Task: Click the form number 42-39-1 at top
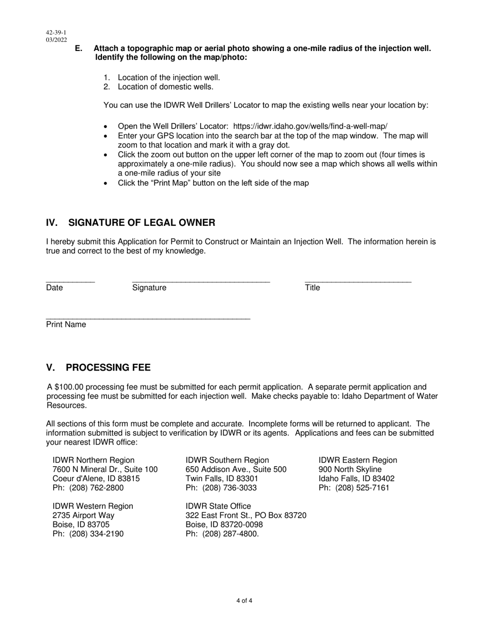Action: coord(56,32)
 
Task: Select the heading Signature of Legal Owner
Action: coord(142,222)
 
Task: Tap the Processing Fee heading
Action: coord(108,367)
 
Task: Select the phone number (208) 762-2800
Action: coord(96,488)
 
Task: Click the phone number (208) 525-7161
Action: coord(362,488)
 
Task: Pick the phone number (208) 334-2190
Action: coord(96,534)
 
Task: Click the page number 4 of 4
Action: coord(244,601)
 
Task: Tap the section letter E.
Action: coord(78,48)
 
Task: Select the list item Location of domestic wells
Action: coord(165,87)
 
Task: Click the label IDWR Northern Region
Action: coord(93,460)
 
